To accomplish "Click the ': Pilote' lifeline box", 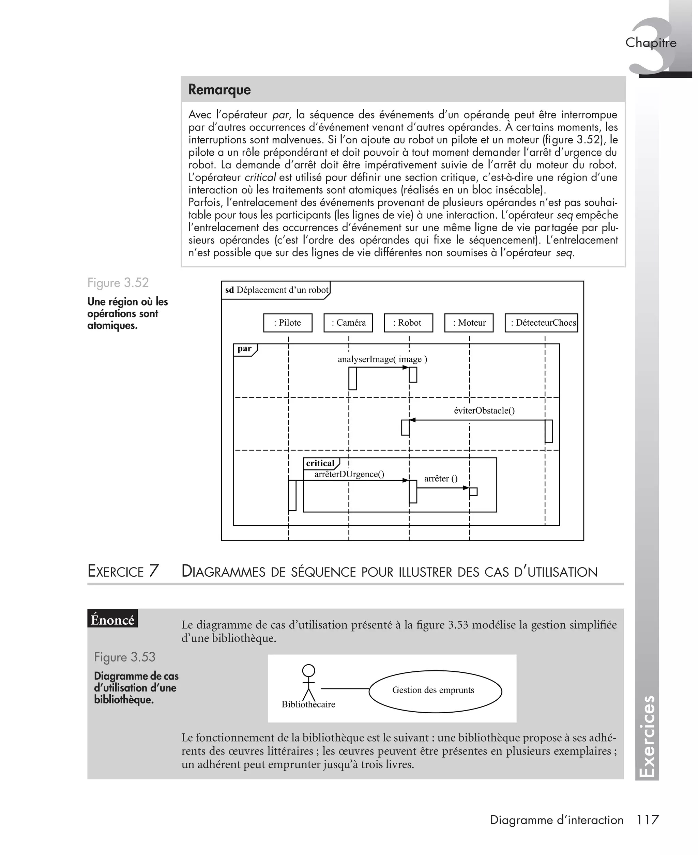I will tap(288, 323).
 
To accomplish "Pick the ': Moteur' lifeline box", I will tap(469, 323).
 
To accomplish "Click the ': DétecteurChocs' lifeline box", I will tap(541, 323).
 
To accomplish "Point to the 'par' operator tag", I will tap(244, 349).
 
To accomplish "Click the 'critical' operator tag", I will tap(320, 463).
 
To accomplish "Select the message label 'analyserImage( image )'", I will tap(382, 359).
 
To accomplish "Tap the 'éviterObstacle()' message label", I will tap(484, 410).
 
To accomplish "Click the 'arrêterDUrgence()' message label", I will tap(349, 474).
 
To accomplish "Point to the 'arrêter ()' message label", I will tap(441, 479).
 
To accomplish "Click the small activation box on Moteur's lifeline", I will tap(473, 492).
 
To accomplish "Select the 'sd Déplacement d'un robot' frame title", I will tap(277, 290).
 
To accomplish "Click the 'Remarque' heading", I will tap(219, 90).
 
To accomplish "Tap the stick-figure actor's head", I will tap(308, 671).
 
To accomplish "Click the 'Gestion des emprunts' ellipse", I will tap(435, 691).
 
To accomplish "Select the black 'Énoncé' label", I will tap(112, 620).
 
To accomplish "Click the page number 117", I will tap(647, 820).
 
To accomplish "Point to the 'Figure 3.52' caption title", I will tap(118, 283).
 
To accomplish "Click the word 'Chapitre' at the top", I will tap(651, 43).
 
